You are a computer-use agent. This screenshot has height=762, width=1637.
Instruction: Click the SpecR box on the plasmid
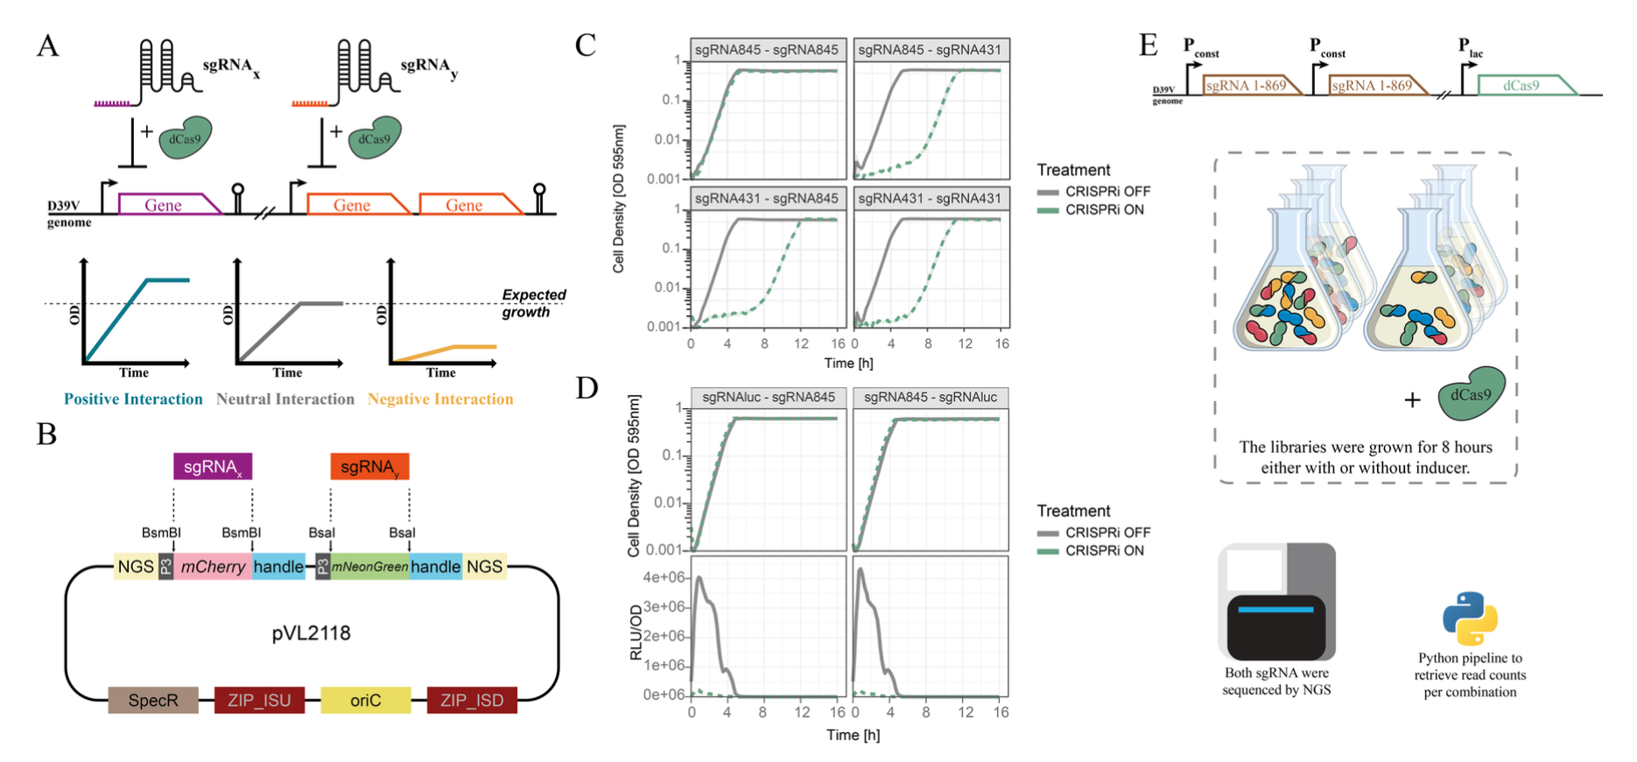(x=153, y=701)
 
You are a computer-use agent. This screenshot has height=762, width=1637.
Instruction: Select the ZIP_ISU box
(x=259, y=701)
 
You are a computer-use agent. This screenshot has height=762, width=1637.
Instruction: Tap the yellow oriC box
(x=365, y=701)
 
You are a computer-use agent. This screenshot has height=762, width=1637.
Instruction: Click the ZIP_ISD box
(x=472, y=701)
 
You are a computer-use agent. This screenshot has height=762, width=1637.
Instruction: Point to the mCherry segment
(x=213, y=567)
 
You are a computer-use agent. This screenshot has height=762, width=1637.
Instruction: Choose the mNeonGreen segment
(x=369, y=567)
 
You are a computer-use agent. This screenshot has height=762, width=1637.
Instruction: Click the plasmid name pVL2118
(x=311, y=633)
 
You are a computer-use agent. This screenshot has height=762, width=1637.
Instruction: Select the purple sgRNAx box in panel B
(x=213, y=467)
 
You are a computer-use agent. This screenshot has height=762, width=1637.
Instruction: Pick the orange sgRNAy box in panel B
(x=369, y=467)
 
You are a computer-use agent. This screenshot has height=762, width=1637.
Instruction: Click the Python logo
(x=1470, y=618)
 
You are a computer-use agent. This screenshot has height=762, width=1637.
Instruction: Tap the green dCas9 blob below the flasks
(x=1472, y=395)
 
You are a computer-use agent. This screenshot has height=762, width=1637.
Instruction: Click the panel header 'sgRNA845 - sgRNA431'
(x=930, y=50)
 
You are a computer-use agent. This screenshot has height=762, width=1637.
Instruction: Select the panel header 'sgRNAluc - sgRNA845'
(x=769, y=397)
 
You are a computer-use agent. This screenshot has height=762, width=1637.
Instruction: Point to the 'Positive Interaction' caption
(x=133, y=399)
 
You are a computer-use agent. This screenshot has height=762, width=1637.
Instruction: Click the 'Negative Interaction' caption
(x=440, y=399)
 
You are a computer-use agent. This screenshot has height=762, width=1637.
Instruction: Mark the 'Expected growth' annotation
(x=532, y=303)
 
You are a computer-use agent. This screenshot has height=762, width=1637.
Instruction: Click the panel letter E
(x=1149, y=45)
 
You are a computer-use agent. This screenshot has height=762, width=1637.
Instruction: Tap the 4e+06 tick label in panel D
(x=663, y=577)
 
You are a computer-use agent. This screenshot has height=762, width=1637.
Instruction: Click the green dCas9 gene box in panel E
(x=1524, y=86)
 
